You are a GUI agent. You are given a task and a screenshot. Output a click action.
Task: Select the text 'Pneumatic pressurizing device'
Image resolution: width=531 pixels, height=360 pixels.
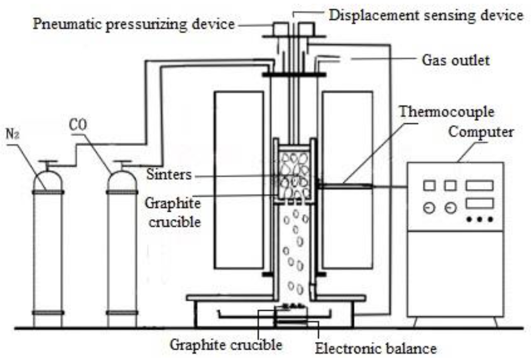pyautogui.click(x=133, y=24)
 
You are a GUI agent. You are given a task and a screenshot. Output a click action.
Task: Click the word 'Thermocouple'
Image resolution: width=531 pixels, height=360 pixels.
pyautogui.click(x=446, y=112)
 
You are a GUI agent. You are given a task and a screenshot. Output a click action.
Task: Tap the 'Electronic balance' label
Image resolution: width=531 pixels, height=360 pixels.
pyautogui.click(x=375, y=348)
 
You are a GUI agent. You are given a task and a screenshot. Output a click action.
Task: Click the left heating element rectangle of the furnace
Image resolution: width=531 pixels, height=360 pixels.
pyautogui.click(x=238, y=180)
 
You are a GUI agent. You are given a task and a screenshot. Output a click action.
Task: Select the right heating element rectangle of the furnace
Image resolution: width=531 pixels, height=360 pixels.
pyautogui.click(x=347, y=180)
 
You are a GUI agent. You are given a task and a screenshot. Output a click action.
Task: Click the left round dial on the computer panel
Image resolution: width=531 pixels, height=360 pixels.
pyautogui.click(x=429, y=208)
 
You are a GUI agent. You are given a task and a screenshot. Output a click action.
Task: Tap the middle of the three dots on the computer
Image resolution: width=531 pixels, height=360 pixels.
pyautogui.click(x=480, y=219)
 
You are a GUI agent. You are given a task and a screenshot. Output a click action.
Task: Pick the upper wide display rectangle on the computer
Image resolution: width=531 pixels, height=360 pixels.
pyautogui.click(x=479, y=186)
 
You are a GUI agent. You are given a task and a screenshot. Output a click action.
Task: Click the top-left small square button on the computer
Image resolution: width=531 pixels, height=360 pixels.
pyautogui.click(x=429, y=186)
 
